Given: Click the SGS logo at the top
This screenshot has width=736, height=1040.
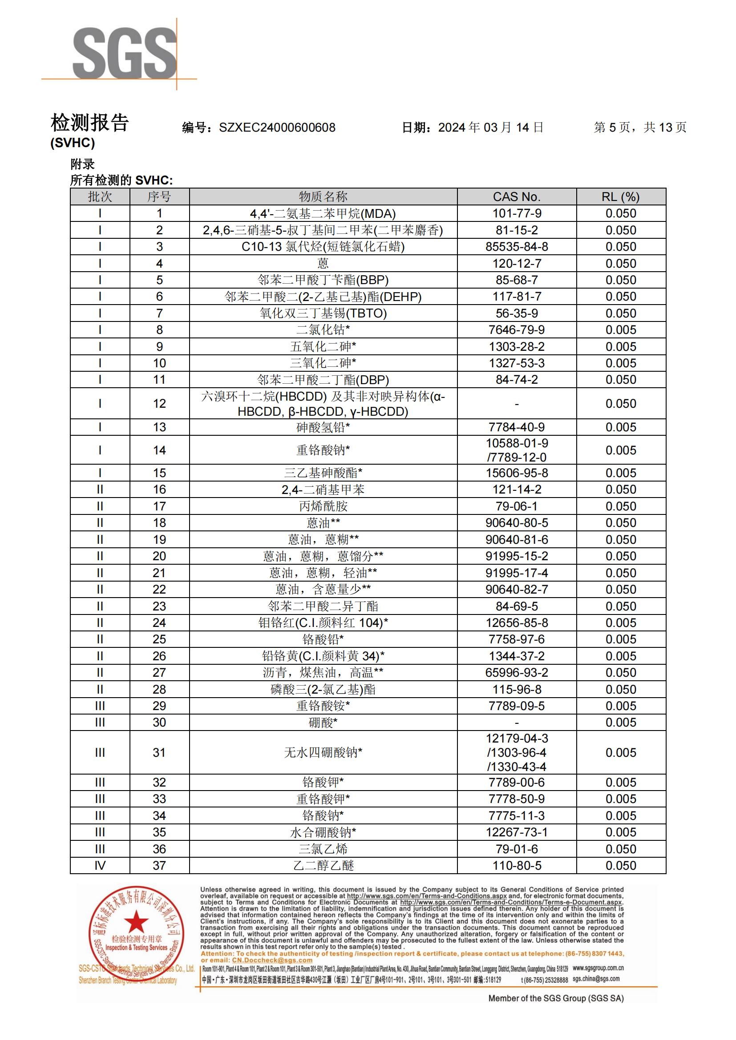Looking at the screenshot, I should (125, 53).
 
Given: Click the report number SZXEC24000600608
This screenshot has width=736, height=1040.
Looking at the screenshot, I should (277, 128).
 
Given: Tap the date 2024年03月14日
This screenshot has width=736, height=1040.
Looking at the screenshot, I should (491, 127).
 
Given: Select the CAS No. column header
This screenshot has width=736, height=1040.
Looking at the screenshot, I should (517, 197).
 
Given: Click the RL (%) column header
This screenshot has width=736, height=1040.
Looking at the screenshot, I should (620, 197).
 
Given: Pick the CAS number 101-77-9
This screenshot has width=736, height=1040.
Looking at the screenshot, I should (517, 213).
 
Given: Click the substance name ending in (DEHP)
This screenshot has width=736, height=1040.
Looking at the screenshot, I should (323, 297).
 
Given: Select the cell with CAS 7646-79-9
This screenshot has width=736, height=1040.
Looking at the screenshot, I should (517, 330).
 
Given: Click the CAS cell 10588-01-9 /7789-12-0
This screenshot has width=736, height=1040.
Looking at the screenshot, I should (517, 450).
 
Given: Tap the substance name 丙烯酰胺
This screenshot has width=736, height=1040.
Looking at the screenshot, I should (323, 506).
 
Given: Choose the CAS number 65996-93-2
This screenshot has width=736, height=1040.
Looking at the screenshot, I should (517, 672).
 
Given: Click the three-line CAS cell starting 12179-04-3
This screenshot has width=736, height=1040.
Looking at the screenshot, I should (517, 752).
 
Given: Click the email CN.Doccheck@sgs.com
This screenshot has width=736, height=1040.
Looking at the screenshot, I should (272, 960).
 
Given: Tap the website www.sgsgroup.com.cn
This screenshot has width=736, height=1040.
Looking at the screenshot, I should (598, 968).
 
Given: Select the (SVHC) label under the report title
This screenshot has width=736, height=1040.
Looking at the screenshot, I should (73, 143).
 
